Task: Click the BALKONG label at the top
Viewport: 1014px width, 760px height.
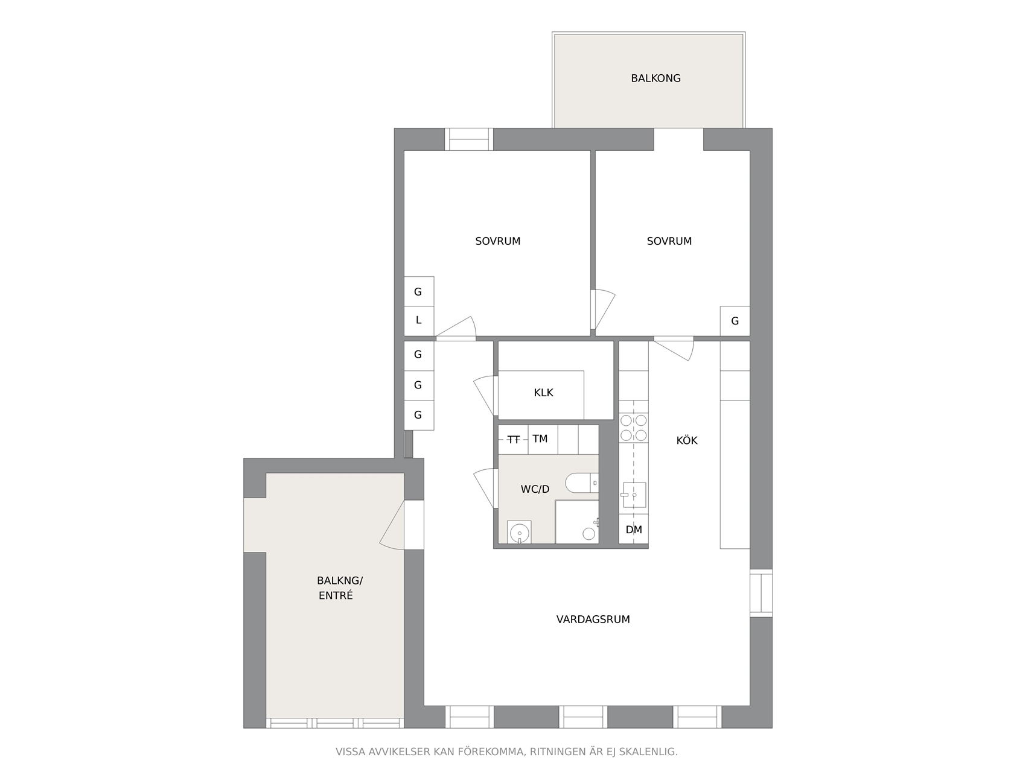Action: click(655, 78)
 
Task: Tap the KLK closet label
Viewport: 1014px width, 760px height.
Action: click(543, 393)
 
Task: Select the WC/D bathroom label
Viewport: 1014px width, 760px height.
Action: click(535, 489)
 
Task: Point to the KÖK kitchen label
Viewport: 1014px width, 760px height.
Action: click(686, 440)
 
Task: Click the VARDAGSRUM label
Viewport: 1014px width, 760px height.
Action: click(593, 619)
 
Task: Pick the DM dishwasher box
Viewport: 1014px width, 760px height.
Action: click(633, 530)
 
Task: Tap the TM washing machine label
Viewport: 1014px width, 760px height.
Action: click(540, 439)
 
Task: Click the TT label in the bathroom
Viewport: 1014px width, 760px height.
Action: click(513, 440)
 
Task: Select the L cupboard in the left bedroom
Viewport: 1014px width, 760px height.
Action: click(418, 321)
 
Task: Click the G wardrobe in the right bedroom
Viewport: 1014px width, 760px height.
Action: click(735, 321)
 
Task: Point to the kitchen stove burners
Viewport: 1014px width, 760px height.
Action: click(633, 427)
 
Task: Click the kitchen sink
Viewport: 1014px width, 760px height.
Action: click(634, 495)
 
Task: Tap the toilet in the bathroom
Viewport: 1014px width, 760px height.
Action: click(582, 483)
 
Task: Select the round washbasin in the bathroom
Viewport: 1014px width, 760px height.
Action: click(519, 533)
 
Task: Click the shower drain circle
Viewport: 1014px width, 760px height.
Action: click(588, 534)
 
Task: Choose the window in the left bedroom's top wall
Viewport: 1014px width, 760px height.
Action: click(469, 139)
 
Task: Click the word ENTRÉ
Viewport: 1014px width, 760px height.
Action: click(336, 596)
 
